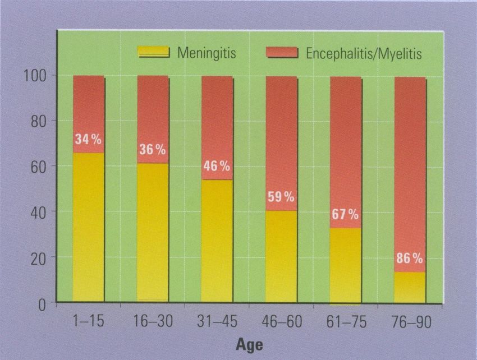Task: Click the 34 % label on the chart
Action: [89, 140]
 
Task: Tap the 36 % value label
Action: [153, 150]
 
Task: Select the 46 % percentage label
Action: [217, 167]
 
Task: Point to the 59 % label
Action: [281, 197]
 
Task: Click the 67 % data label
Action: [345, 215]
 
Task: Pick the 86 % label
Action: [410, 259]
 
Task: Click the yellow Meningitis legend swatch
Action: [153, 52]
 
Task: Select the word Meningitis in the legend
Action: [207, 53]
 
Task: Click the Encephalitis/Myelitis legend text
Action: [364, 54]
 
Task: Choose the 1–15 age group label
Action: [88, 321]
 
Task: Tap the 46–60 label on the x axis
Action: [281, 321]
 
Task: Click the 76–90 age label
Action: [410, 321]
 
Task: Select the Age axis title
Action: [248, 342]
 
